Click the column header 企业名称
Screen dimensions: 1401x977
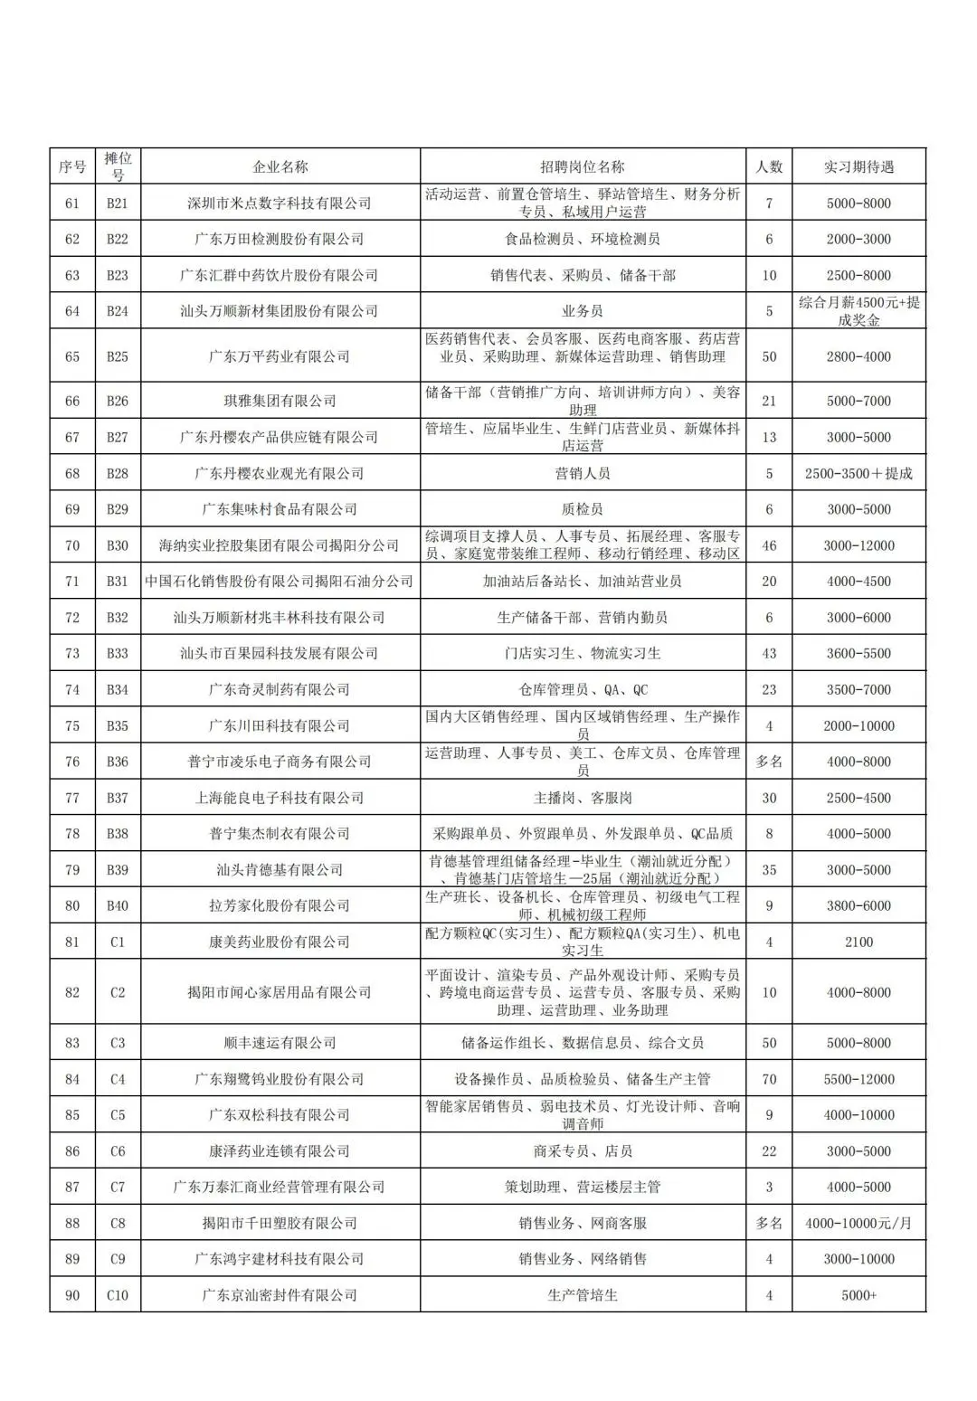[280, 166]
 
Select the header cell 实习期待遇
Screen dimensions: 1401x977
[858, 166]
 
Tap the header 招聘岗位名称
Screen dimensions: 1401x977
[582, 166]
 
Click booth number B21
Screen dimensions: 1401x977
[118, 204]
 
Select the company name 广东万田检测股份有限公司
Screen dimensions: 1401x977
[280, 239]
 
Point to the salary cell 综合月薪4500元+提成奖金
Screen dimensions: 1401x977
[858, 311]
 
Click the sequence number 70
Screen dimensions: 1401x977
[72, 545]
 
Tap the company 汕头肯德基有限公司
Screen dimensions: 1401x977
[280, 870]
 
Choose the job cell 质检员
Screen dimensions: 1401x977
[582, 509]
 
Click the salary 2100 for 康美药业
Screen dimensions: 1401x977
[858, 942]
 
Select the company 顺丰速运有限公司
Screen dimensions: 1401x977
[280, 1043]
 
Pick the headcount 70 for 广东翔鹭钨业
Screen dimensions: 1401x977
[769, 1079]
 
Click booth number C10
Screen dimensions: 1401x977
[118, 1295]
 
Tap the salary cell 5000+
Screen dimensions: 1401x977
[858, 1295]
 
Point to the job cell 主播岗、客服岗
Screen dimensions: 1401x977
[582, 798]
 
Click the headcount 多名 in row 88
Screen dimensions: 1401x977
[769, 1223]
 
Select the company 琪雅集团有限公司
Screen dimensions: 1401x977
[280, 401]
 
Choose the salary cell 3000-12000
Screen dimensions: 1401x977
[858, 545]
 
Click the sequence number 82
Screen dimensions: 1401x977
[72, 992]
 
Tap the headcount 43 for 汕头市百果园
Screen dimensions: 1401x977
[769, 653]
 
